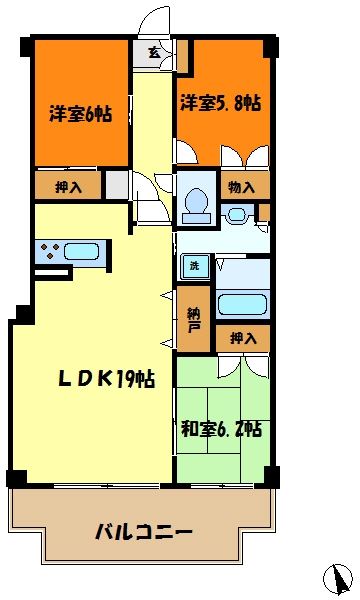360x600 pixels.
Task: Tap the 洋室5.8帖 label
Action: pos(221,103)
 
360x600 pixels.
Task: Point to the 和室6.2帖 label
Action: pos(222,430)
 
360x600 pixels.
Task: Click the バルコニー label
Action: pos(144,531)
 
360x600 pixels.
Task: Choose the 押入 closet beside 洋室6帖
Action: pos(68,186)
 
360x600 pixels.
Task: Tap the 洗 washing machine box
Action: pos(193,267)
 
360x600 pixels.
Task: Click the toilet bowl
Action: pos(196,202)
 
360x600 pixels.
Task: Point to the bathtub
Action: pos(242,304)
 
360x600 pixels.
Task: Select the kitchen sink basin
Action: pos(83,250)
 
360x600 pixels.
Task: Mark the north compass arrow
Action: pos(340,578)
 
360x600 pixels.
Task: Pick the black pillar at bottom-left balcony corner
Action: pos(14,477)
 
